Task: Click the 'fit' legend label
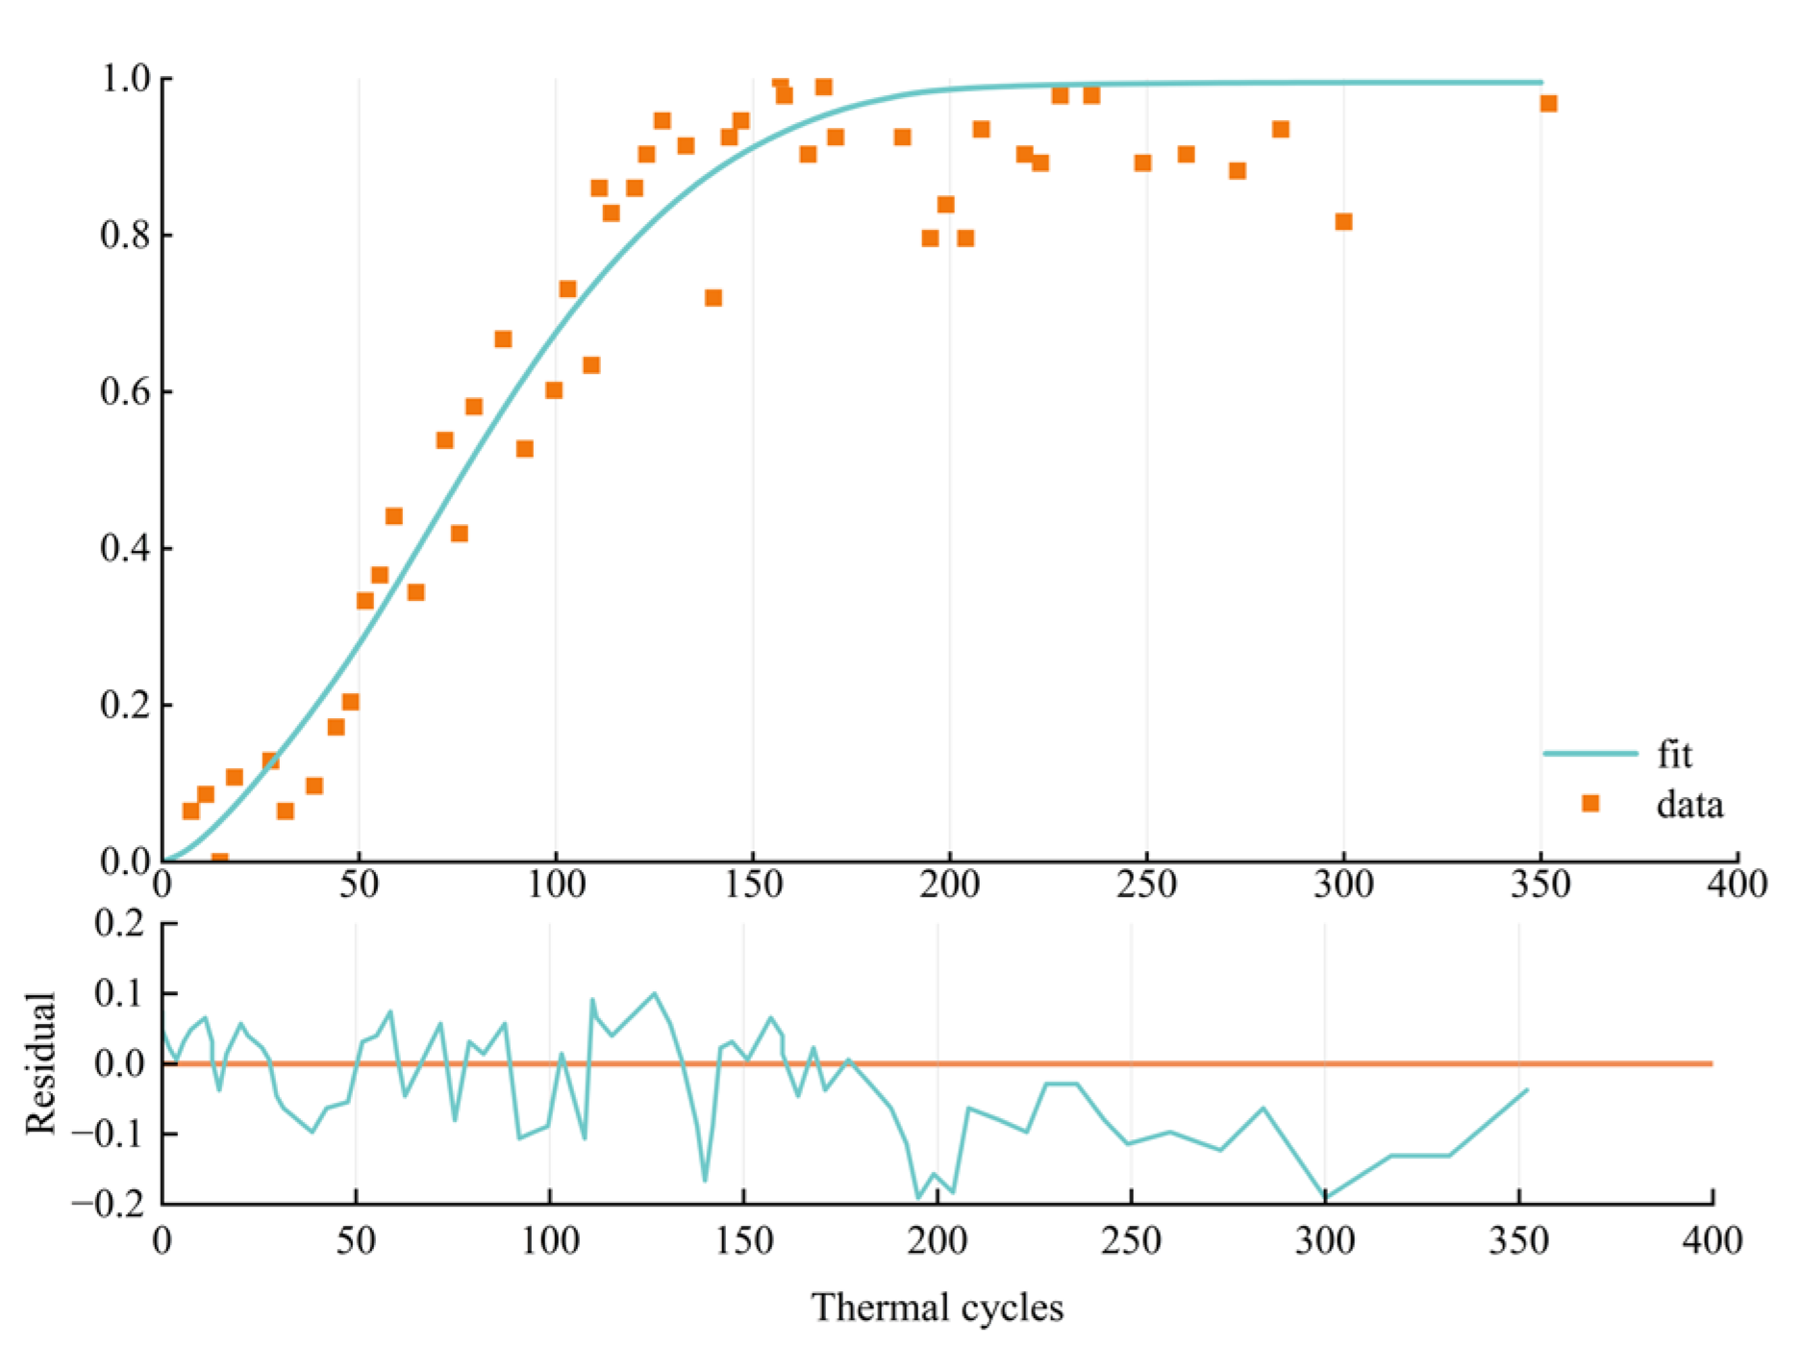(x=1674, y=756)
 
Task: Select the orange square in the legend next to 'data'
(x=1590, y=803)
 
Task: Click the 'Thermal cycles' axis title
(x=937, y=1308)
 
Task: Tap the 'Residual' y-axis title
(x=40, y=1063)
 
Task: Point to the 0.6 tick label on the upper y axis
(x=126, y=392)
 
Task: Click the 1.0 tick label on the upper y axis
(x=126, y=79)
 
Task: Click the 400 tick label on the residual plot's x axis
(x=1712, y=1241)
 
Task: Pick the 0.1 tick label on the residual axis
(x=120, y=993)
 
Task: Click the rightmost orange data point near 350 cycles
(x=1548, y=104)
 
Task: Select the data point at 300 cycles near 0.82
(x=1343, y=222)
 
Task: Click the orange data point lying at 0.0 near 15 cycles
(x=220, y=859)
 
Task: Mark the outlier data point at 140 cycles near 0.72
(x=713, y=298)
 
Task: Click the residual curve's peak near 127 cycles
(x=654, y=993)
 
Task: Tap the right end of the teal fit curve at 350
(x=1540, y=83)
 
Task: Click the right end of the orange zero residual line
(x=1710, y=1063)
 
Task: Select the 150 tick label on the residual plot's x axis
(x=743, y=1241)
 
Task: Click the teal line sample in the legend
(x=1589, y=754)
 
